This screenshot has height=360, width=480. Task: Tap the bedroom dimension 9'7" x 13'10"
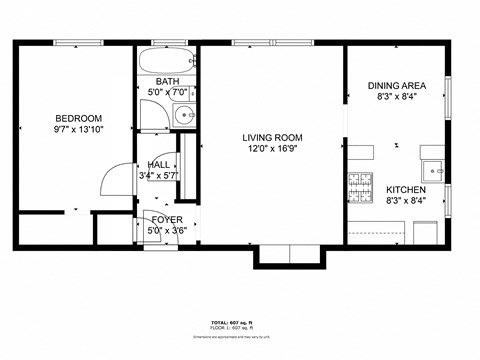(x=77, y=129)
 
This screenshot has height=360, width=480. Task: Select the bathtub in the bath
(x=166, y=57)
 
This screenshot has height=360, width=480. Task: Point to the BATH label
(x=167, y=81)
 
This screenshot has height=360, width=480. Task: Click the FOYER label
(x=166, y=218)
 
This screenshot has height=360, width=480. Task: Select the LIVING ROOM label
(x=272, y=138)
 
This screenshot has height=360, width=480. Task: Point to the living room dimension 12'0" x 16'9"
(x=272, y=150)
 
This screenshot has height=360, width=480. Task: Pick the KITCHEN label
(x=406, y=190)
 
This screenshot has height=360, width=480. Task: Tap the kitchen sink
(x=432, y=166)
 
